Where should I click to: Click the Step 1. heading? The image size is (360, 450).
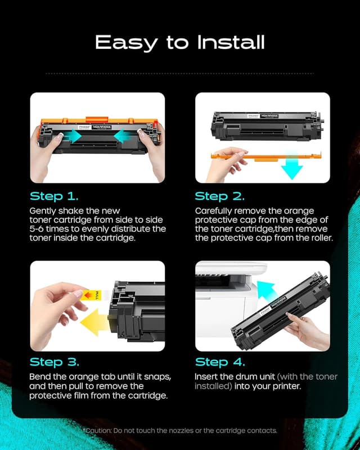click(x=54, y=196)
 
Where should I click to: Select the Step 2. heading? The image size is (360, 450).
click(x=219, y=196)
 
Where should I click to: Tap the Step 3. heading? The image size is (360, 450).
click(x=54, y=362)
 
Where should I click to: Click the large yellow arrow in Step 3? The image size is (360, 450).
click(x=96, y=324)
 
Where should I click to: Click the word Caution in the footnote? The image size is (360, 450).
click(x=99, y=430)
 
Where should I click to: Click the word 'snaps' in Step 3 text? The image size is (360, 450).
click(x=151, y=376)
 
